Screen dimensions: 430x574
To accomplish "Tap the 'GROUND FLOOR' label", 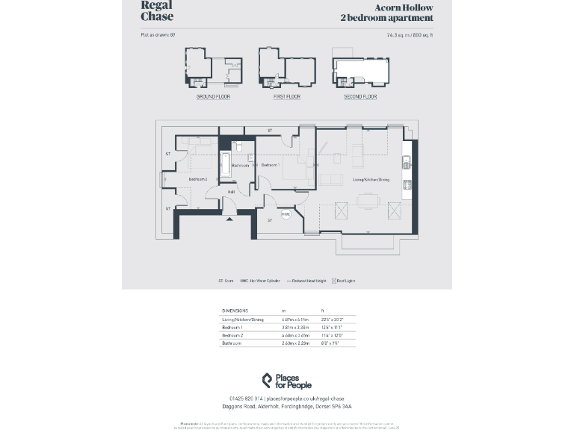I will tap(213, 97).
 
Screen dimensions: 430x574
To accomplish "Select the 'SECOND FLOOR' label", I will tap(360, 97).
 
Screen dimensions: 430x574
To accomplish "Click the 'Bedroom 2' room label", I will tap(198, 179).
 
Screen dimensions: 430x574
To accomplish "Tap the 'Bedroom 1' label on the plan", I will tap(270, 165).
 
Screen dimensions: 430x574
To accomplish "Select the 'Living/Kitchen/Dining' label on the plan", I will tap(371, 179).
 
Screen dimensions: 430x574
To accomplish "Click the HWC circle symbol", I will tap(286, 214).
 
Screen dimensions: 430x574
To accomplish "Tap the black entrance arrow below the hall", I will tap(229, 219).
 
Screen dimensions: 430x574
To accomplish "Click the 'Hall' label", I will tap(232, 192).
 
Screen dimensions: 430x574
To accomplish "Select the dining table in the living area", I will tap(368, 199).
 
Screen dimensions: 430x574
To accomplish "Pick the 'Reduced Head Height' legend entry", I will tap(304, 281).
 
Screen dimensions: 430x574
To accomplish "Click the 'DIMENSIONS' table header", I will tap(235, 311).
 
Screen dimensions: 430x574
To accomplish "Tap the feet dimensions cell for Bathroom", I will tap(330, 343).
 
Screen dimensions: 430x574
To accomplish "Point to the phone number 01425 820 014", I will tap(246, 399).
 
